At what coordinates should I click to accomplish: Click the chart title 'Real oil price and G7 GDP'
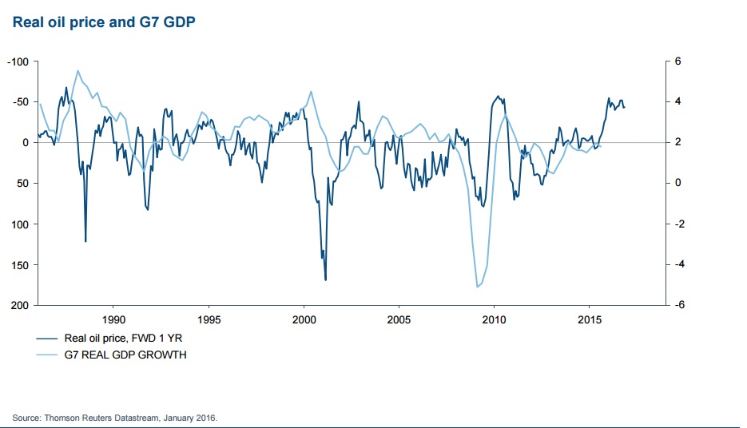click(105, 22)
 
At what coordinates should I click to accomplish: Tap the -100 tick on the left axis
click(18, 61)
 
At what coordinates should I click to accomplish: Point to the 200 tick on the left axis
click(20, 306)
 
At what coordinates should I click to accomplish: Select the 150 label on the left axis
click(20, 265)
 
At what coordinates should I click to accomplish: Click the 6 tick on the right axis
click(677, 61)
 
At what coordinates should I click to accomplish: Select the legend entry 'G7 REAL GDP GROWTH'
click(125, 355)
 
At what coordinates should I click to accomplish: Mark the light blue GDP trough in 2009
click(477, 287)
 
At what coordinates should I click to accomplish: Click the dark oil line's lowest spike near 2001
click(325, 279)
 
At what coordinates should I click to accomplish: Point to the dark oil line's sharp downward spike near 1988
click(85, 241)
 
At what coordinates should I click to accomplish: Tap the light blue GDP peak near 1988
click(77, 70)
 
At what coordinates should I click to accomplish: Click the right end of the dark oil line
click(625, 107)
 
